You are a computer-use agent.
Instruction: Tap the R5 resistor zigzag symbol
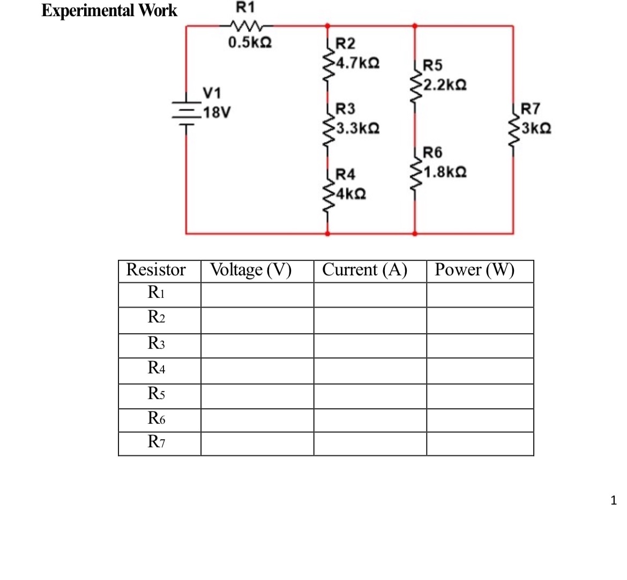point(414,86)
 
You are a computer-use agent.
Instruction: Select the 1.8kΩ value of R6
point(444,172)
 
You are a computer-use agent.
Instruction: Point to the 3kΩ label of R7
point(536,129)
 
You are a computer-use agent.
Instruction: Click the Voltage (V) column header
point(251,270)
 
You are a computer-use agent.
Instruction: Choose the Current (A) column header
point(364,270)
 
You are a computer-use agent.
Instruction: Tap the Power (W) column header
point(474,270)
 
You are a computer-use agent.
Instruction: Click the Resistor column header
point(156,270)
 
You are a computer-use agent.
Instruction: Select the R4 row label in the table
point(156,368)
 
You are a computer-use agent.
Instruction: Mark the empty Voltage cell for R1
point(257,295)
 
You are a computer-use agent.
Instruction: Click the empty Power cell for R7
point(480,444)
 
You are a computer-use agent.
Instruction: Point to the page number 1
point(614,501)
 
